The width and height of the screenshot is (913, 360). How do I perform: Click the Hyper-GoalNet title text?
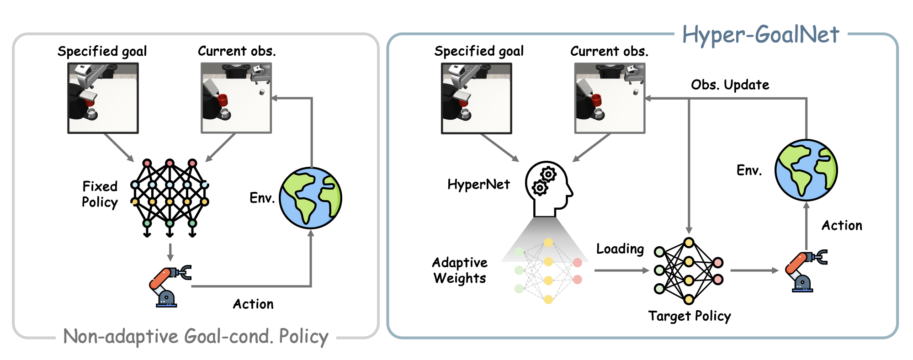pos(760,35)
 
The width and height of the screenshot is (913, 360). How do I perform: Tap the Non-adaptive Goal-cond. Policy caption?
pos(196,337)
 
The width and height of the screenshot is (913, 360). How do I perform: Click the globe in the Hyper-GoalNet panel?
pos(806,170)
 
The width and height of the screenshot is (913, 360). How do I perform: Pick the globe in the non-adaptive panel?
pos(311,198)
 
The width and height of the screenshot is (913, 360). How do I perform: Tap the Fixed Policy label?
pos(100,194)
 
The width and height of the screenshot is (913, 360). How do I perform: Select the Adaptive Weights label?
pos(460,270)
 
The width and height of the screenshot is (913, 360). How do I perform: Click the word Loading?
pos(620,249)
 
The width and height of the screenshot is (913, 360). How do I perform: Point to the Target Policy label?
pos(689,316)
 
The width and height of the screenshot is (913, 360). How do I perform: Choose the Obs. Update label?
pos(730,85)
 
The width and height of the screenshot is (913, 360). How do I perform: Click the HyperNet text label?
pos(478,184)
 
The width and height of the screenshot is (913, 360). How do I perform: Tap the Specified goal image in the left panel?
pos(103,98)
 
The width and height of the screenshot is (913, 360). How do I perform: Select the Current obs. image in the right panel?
pos(610,98)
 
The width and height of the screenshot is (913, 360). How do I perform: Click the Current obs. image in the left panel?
pos(236,98)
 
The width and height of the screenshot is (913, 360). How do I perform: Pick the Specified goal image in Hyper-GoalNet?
pos(476,98)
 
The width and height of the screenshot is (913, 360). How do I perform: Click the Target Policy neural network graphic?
pos(688,271)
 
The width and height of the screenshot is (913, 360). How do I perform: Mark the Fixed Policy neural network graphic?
pos(170,197)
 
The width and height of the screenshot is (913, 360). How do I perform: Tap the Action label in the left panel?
pos(253,304)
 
